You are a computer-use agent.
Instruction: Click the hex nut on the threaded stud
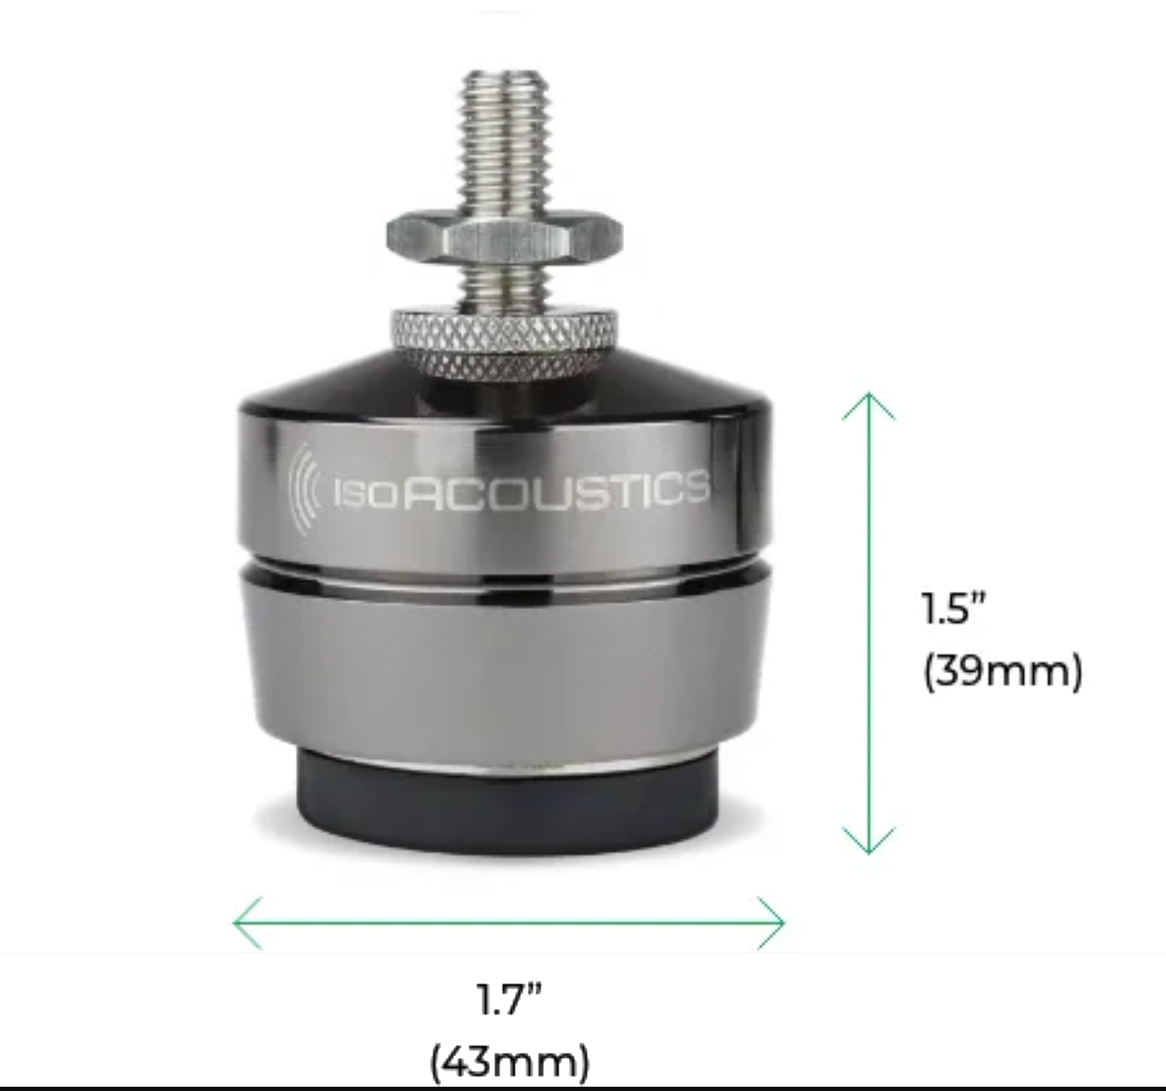pyautogui.click(x=504, y=238)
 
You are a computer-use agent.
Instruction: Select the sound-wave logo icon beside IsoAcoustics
pyautogui.click(x=304, y=490)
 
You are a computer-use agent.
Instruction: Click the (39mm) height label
pyautogui.click(x=1002, y=672)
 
